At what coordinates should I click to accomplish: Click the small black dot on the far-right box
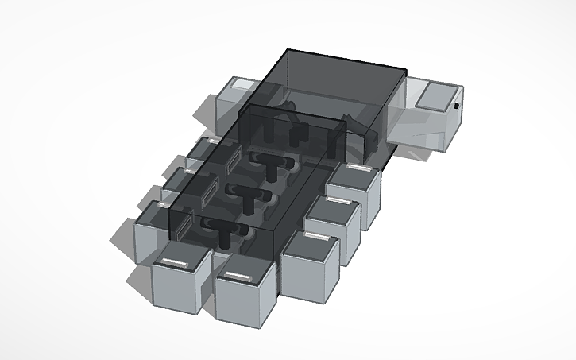pyautogui.click(x=458, y=105)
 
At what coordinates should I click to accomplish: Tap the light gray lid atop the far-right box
pyautogui.click(x=435, y=96)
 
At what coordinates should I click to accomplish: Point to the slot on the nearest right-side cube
pyautogui.click(x=316, y=237)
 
